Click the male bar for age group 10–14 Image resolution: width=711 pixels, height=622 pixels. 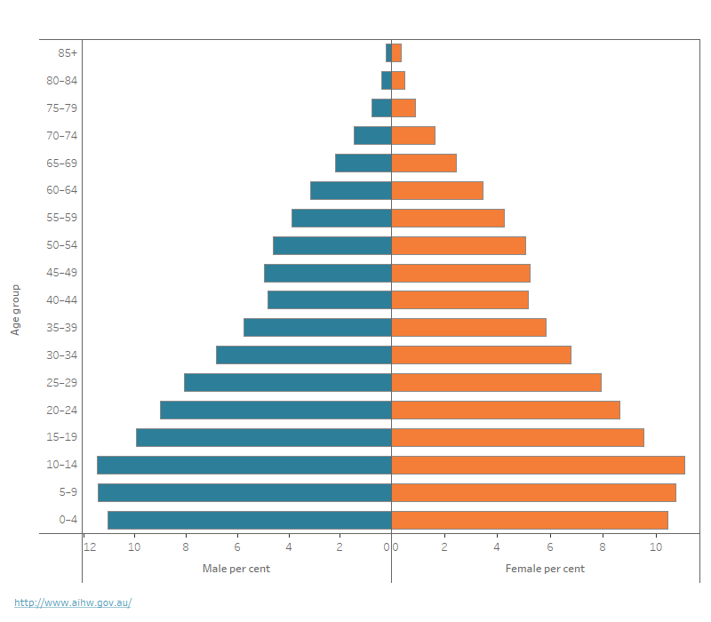tap(244, 465)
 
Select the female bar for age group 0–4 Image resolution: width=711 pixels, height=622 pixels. tap(530, 520)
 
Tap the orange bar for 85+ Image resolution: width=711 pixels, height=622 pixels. tap(396, 52)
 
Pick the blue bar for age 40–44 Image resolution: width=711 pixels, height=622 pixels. tap(330, 299)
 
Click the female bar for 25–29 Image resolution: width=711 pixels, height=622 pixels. tap(496, 382)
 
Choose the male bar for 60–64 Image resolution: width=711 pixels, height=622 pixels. tap(351, 190)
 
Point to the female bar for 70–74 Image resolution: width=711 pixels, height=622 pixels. tap(413, 135)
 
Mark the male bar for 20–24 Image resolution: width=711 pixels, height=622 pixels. tap(276, 410)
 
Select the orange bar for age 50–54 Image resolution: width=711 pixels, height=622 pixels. tap(459, 245)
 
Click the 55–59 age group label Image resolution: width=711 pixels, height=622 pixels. tap(61, 218)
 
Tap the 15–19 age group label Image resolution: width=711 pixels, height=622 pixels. tap(61, 437)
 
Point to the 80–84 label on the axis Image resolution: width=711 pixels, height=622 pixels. tap(61, 80)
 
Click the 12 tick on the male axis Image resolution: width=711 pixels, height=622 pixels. tap(90, 547)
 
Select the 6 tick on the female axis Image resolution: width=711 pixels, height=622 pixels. tap(550, 547)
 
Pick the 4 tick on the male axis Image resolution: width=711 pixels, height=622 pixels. tap(289, 547)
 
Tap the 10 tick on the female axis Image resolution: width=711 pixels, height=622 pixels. tap(656, 547)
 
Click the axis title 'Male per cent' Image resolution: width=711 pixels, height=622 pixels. tap(236, 569)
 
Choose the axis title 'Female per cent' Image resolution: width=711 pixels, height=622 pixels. tap(545, 569)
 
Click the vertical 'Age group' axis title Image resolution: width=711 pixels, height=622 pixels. tap(16, 310)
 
